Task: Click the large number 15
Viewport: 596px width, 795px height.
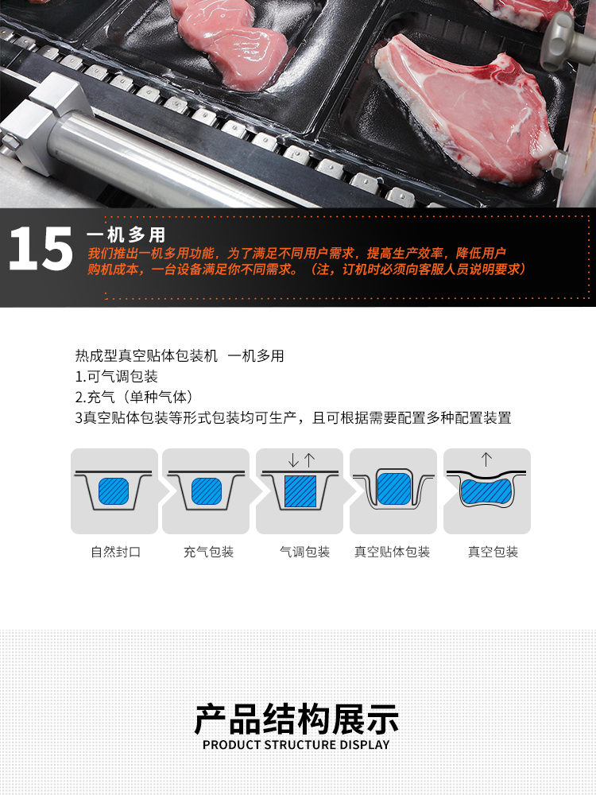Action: pos(41,248)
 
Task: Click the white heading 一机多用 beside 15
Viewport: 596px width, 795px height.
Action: pos(126,235)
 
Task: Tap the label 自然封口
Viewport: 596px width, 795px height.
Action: pos(115,552)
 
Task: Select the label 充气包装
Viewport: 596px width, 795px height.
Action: pos(208,552)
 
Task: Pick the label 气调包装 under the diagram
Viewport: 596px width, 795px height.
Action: pos(304,552)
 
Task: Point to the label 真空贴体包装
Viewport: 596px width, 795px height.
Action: pos(393,552)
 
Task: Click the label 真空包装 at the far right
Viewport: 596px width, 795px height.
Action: pos(493,552)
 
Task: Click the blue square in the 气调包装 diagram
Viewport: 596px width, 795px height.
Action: pos(300,491)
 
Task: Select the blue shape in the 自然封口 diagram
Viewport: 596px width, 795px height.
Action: pos(114,491)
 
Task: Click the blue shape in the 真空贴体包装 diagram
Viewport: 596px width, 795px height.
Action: pos(394,489)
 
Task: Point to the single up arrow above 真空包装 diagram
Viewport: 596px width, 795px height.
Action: pos(486,460)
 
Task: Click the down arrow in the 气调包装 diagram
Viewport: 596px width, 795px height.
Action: pos(293,460)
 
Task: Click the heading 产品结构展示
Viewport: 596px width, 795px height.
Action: pos(297,719)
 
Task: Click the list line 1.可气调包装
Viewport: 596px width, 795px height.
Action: pos(117,377)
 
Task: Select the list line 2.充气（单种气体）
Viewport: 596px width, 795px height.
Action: pos(134,397)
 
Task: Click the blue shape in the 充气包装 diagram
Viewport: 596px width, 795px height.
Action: pos(207,491)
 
